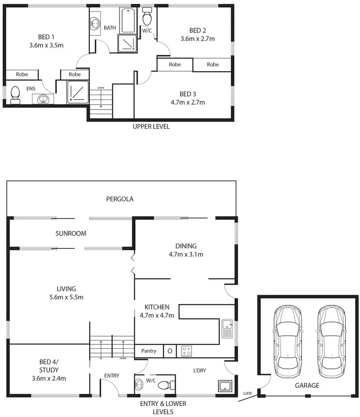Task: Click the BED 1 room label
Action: click(46, 37)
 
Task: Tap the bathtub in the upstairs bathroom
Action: click(128, 20)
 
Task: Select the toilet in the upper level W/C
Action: click(147, 18)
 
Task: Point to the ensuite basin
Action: click(44, 98)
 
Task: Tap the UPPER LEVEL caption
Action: click(151, 127)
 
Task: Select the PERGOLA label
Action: click(120, 198)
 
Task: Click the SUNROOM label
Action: click(71, 233)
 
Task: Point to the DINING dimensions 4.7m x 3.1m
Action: click(186, 254)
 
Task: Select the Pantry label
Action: click(149, 351)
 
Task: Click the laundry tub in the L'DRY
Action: click(224, 386)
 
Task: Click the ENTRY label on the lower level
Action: click(111, 375)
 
